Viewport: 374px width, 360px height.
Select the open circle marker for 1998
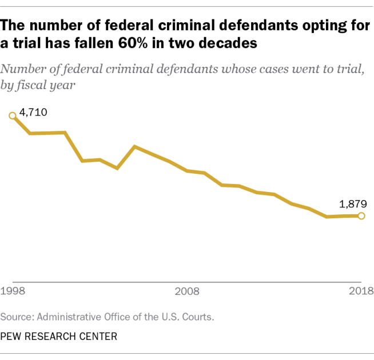pos(13,115)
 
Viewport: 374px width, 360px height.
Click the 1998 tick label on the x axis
pos(13,291)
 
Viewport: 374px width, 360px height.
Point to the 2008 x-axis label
pos(187,291)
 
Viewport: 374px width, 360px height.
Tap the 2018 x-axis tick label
pos(361,291)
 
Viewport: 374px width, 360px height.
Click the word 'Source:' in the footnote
pos(17,315)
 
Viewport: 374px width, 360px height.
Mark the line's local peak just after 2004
pos(134,146)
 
